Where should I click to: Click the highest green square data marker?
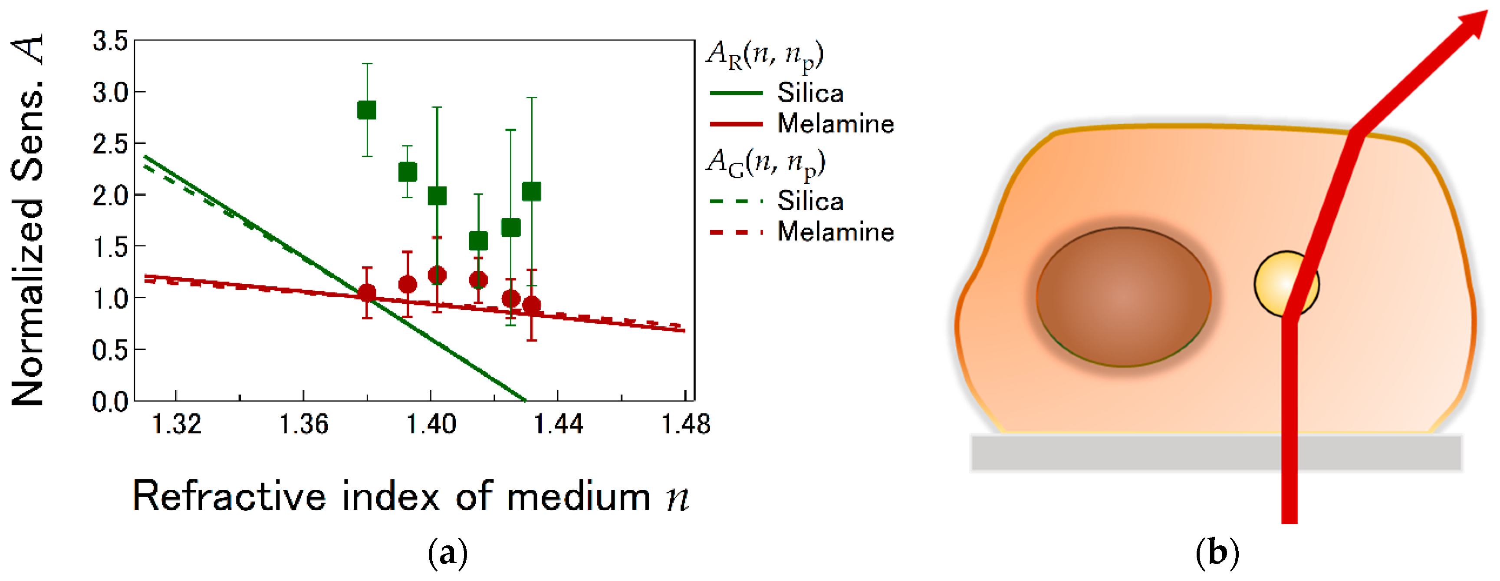pos(366,110)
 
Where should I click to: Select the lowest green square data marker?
pos(478,240)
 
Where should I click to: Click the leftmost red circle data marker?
pos(366,292)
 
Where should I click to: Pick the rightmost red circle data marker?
pos(531,305)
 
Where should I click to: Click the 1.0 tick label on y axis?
pos(110,299)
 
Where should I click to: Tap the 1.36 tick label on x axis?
pos(303,424)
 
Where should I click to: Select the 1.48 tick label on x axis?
pos(685,424)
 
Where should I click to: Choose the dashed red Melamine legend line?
pos(736,232)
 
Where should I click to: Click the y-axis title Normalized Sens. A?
pos(28,222)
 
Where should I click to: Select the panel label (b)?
pos(1217,551)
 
